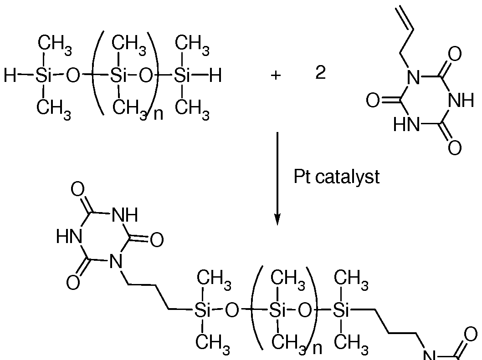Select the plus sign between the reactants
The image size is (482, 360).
[x=276, y=75]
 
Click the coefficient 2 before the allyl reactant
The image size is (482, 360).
[x=320, y=73]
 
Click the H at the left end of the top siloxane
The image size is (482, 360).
[x=10, y=75]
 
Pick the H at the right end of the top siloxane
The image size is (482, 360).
[x=215, y=75]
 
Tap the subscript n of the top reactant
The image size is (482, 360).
[x=158, y=114]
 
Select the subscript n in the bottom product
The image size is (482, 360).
[x=317, y=349]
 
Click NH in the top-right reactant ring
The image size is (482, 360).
[x=461, y=100]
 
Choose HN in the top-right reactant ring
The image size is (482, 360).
[x=406, y=125]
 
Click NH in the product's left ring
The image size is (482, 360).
[x=125, y=215]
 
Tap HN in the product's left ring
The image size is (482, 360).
[x=69, y=237]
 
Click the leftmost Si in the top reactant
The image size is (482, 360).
[x=43, y=75]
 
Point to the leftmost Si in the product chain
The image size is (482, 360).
[x=202, y=310]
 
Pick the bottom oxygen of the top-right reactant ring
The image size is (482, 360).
[x=455, y=148]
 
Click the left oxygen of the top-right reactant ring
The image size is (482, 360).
[x=373, y=101]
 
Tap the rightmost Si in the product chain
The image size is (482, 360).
[x=341, y=310]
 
